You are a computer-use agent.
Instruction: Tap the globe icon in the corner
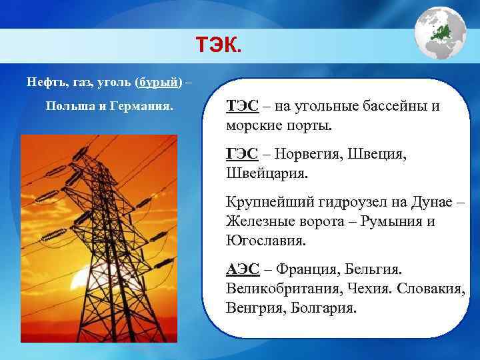[440, 33]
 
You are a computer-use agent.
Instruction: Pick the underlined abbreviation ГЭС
[241, 154]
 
